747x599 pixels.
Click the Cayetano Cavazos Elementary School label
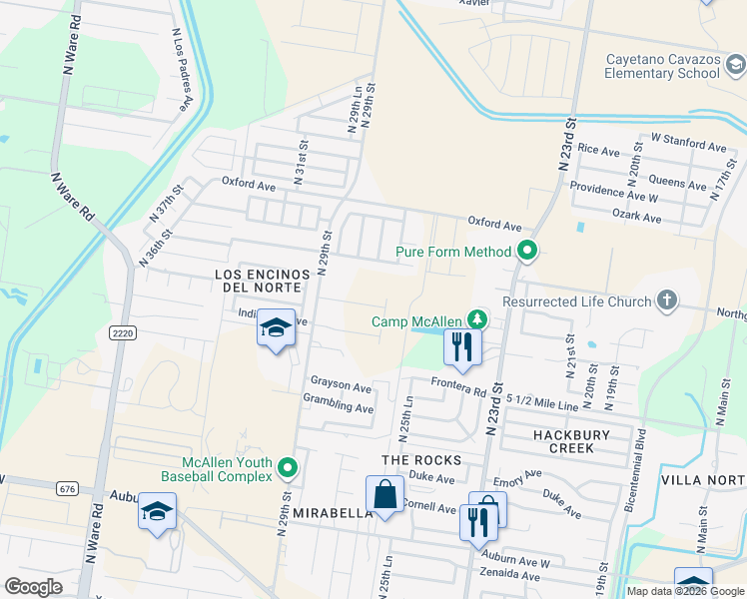[662, 66]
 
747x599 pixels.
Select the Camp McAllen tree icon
[478, 320]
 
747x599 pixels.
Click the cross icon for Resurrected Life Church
[666, 300]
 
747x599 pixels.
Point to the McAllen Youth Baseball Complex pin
[288, 467]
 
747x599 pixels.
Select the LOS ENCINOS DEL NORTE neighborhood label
[258, 280]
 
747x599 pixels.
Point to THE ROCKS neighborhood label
[421, 460]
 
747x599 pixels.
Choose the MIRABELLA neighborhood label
[334, 512]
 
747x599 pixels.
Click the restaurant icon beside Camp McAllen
[462, 346]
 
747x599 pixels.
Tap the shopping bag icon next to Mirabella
[385, 494]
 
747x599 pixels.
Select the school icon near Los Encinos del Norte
[276, 328]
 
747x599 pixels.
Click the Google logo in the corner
[34, 586]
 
